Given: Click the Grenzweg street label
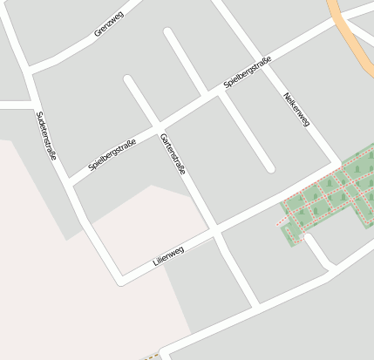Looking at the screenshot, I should coord(109,25).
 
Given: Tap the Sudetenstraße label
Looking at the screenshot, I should coord(47,134).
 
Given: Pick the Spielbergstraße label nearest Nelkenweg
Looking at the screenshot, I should coord(248,72).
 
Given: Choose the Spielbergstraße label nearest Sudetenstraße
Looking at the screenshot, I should coord(112,154).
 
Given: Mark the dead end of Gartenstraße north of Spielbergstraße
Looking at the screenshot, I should coord(129,80).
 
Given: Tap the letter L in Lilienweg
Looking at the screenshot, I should coord(154,263).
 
